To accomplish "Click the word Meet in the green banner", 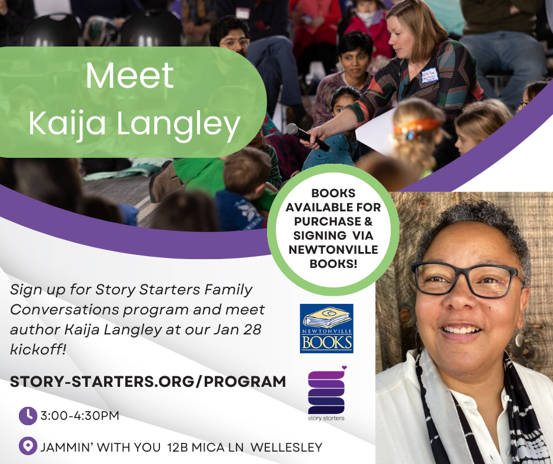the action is click(x=130, y=75).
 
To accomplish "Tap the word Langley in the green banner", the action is click(x=178, y=125).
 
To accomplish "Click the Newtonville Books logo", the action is click(x=327, y=329).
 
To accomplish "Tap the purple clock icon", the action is click(x=28, y=416).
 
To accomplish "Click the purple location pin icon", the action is click(x=28, y=446).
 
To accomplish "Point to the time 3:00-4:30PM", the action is click(x=79, y=416).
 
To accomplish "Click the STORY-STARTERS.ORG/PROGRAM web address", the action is click(x=148, y=382).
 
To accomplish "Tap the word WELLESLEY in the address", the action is click(x=286, y=448).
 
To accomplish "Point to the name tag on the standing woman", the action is click(x=430, y=75).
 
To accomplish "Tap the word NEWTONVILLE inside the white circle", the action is click(x=334, y=250).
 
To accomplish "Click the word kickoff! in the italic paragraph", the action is click(x=38, y=350).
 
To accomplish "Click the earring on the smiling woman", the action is click(x=519, y=340).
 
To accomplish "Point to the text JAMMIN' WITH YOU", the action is click(x=101, y=448).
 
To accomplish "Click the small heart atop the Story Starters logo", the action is click(x=344, y=367).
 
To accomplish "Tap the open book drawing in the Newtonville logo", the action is click(x=327, y=317).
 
